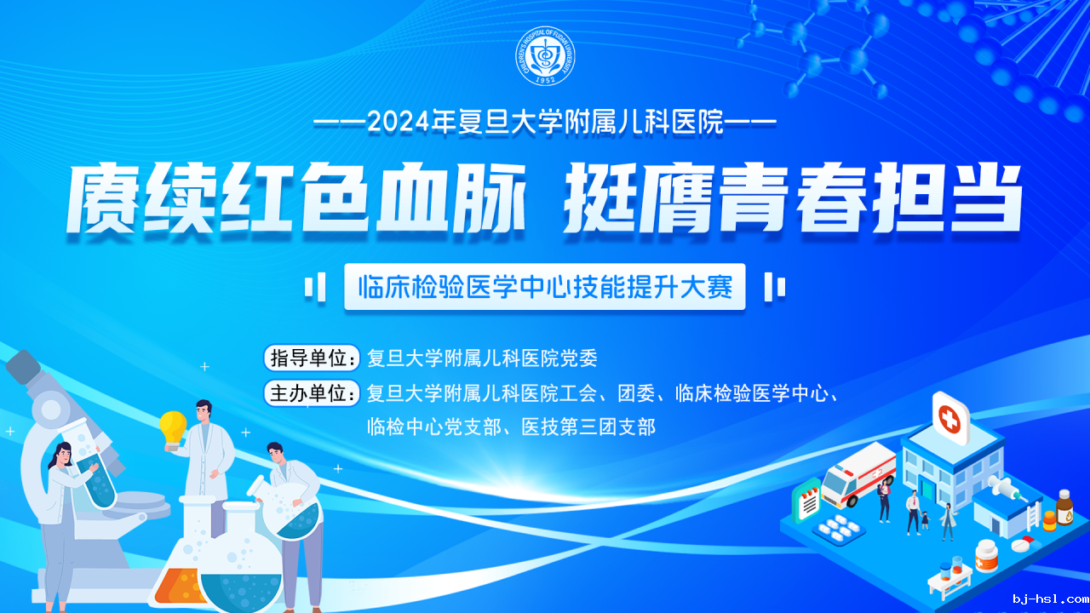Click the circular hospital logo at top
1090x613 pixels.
pos(545,56)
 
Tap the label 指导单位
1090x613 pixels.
pos(312,358)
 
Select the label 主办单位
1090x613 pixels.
pos(312,393)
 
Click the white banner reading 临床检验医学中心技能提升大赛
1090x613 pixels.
pos(544,287)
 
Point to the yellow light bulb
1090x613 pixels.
pos(173,429)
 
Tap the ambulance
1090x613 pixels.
pos(859,474)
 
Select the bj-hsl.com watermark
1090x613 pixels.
pos(1051,599)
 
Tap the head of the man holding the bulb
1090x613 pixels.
pos(204,413)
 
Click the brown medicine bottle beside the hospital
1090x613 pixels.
pos(1064,508)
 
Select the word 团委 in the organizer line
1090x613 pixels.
pos(636,393)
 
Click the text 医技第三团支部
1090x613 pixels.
pos(588,427)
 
